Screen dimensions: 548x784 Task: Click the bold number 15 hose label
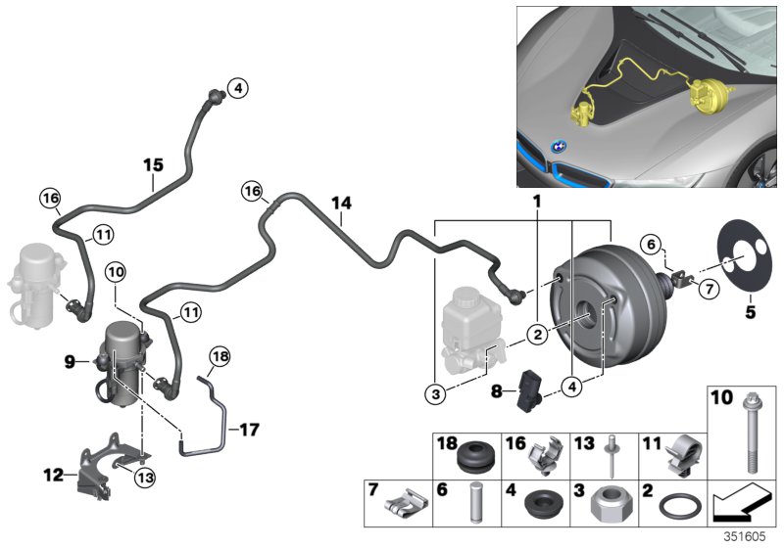[x=152, y=166]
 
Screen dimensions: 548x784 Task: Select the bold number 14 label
[x=340, y=204]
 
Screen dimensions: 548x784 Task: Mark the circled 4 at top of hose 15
[x=236, y=89]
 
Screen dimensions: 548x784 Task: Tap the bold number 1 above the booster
[x=536, y=201]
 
